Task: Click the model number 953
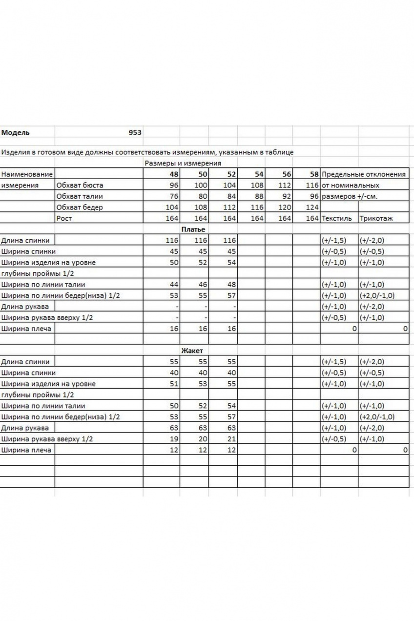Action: pos(135,133)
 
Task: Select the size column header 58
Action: pos(314,174)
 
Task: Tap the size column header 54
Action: pos(259,174)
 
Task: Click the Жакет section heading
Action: pos(192,351)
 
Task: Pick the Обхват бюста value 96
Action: pos(174,186)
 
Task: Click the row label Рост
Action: pos(64,218)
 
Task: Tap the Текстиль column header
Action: pos(336,218)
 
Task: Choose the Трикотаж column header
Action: pos(376,218)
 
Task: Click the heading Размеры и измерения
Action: pos(183,164)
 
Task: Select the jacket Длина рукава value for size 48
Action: pos(174,428)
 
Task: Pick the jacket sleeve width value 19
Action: pos(174,439)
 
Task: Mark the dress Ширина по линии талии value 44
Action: pos(174,285)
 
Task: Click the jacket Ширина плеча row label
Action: pos(26,450)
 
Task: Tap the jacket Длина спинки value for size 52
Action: pos(231,362)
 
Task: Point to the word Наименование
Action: pos(26,174)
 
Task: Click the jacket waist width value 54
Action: pos(231,406)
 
